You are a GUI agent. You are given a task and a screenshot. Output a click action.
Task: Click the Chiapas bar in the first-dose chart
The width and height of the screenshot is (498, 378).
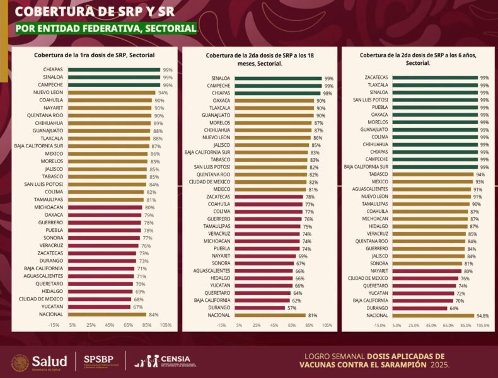(113, 70)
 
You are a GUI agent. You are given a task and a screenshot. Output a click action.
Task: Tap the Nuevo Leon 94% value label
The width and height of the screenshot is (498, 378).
(163, 93)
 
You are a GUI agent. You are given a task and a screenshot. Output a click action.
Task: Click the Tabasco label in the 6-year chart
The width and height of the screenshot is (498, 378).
(378, 174)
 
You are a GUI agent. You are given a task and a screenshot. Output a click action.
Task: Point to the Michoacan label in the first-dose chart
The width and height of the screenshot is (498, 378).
(49, 207)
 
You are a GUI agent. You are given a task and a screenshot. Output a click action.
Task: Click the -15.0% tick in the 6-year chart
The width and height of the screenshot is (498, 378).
(380, 326)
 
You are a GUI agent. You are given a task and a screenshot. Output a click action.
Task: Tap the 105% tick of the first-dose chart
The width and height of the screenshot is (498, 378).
(166, 326)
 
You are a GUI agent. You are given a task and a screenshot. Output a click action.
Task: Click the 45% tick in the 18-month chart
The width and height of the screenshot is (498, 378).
(274, 326)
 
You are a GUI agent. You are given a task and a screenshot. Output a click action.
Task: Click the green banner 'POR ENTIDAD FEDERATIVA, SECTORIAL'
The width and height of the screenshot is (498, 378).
(106, 28)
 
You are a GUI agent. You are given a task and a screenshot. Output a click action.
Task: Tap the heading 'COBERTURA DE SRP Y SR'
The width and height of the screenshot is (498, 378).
(94, 11)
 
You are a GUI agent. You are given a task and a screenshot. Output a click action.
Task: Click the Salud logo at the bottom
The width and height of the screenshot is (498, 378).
(39, 362)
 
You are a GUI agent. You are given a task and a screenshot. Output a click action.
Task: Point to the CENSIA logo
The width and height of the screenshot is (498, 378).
(165, 362)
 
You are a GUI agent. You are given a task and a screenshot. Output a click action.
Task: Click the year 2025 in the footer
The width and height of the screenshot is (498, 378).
(439, 365)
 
